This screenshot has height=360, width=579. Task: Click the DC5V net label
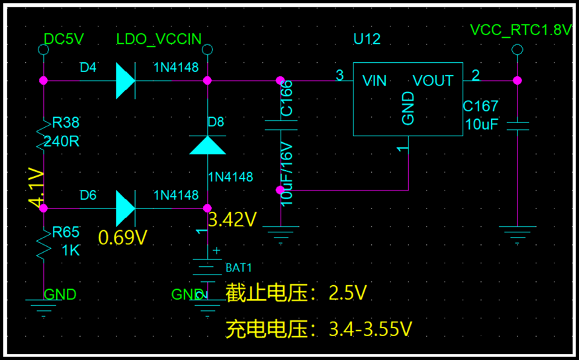[64, 39]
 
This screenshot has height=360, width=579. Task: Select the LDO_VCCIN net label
[158, 39]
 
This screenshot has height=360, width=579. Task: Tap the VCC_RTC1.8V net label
[520, 30]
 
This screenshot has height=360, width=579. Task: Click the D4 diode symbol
[124, 80]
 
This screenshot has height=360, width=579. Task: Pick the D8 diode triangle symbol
[207, 145]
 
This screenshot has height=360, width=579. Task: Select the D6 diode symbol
[124, 208]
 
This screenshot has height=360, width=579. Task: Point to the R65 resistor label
[66, 232]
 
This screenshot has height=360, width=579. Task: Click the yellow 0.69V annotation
[122, 238]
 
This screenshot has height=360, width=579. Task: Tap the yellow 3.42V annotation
[232, 219]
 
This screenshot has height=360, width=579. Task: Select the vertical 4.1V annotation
[36, 187]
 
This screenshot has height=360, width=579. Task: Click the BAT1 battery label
[239, 268]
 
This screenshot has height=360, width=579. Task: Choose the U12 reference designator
[367, 39]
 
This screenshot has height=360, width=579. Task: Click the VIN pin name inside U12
[375, 81]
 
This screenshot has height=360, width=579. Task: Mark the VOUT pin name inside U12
[433, 81]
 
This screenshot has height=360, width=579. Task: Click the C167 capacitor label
[480, 107]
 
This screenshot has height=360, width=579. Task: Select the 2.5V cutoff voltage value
[347, 293]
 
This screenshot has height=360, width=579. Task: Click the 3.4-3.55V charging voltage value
[371, 328]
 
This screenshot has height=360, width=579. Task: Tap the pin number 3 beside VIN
[339, 75]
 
